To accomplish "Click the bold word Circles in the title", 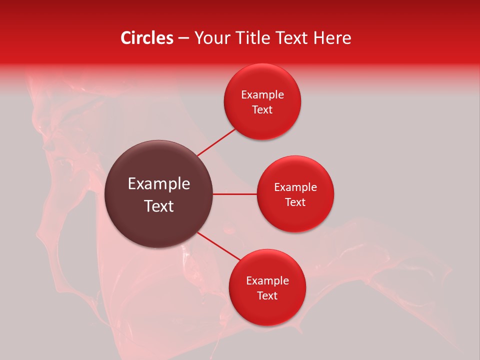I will (x=147, y=38).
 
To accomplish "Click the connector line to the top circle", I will (x=216, y=142).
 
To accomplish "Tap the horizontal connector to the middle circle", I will (x=234, y=194).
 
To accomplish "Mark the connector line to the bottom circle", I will (x=219, y=246).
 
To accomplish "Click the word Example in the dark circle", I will (x=159, y=184).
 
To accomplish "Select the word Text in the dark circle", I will (x=159, y=206).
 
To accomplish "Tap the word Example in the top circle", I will (x=262, y=95).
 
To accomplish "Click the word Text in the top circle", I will (x=262, y=110).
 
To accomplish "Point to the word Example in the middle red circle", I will (x=295, y=187).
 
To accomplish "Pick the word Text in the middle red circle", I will (x=295, y=202).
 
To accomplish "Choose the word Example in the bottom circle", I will (x=267, y=281).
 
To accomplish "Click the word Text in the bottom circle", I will (x=267, y=296).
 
